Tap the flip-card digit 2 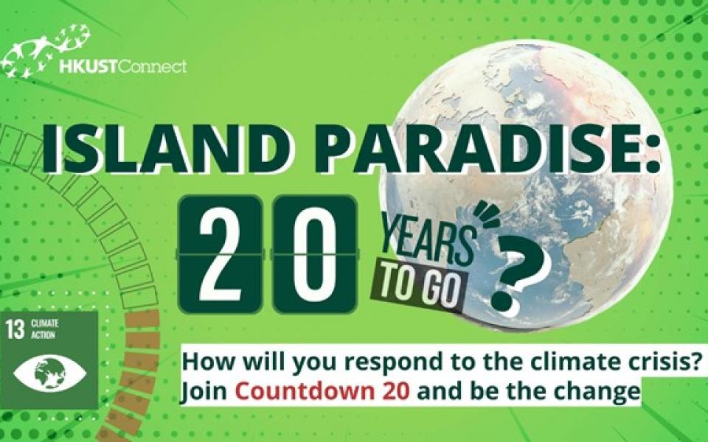pyautogui.click(x=221, y=255)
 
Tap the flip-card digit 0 pyautogui.click(x=315, y=255)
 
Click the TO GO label pyautogui.click(x=417, y=287)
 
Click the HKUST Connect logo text pyautogui.click(x=123, y=67)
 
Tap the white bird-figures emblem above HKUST pyautogui.click(x=45, y=49)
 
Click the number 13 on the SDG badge pyautogui.click(x=15, y=329)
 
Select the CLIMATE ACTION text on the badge pyautogui.click(x=44, y=329)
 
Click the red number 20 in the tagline pyautogui.click(x=397, y=390)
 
